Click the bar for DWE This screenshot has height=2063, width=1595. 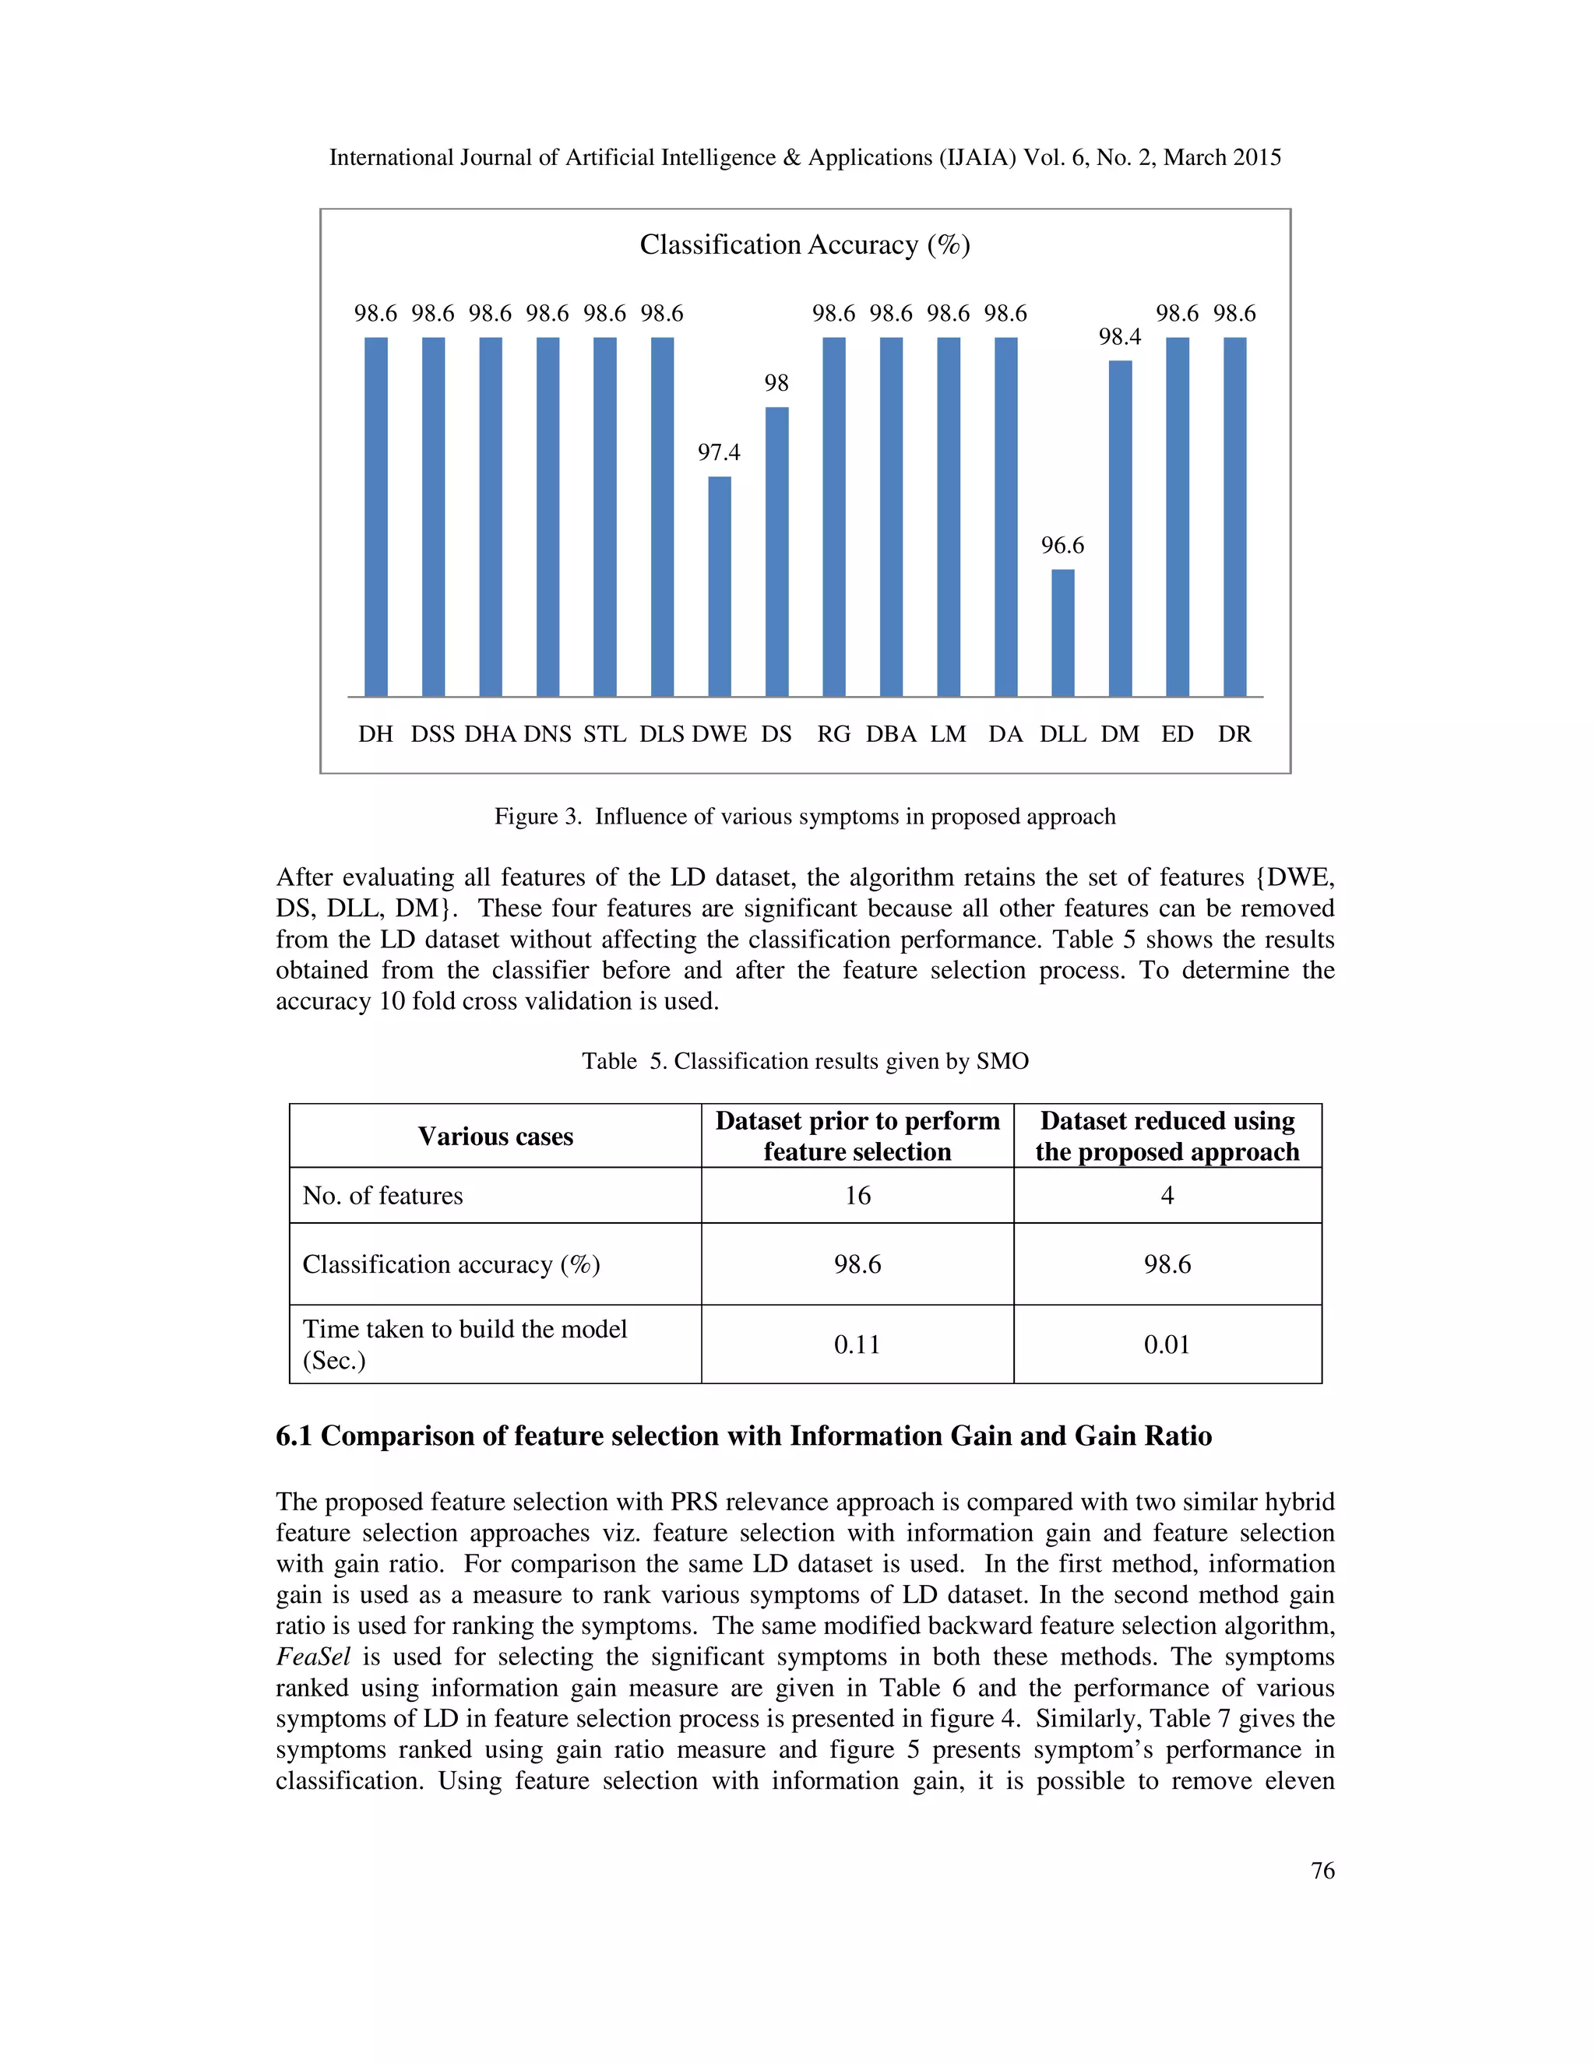tap(719, 587)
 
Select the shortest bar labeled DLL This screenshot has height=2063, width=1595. tap(1062, 633)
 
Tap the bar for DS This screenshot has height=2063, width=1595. tap(776, 552)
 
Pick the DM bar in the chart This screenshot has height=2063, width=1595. tap(1120, 529)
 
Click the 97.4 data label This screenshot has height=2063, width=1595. tap(719, 452)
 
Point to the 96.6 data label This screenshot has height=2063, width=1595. tap(1062, 546)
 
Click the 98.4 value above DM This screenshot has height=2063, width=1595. tap(1120, 337)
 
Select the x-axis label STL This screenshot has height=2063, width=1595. tap(604, 734)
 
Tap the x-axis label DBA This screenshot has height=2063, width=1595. tap(891, 734)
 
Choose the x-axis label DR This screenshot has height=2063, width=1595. tap(1234, 734)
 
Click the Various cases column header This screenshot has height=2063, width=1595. tap(495, 1137)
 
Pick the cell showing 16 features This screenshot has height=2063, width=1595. tap(857, 1196)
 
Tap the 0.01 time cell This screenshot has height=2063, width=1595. tap(1167, 1344)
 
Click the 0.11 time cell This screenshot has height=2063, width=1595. tap(857, 1344)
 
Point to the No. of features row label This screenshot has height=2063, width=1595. tap(382, 1196)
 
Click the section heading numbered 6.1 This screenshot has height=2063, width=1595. tap(744, 1436)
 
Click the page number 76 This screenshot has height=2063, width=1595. tap(1322, 1870)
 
